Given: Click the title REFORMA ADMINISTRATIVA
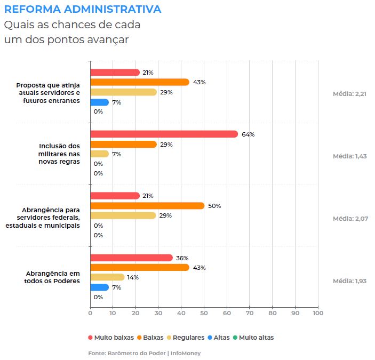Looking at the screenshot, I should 83,10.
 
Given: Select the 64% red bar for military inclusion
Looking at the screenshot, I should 164,134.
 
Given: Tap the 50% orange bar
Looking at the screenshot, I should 147,206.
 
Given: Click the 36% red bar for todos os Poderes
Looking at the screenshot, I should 131,258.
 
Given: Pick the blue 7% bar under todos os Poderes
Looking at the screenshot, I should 99,287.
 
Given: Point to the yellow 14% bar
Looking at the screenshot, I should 107,277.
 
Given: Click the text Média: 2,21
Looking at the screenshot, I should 349,94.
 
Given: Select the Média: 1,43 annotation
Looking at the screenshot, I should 349,156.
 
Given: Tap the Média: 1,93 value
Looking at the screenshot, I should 349,281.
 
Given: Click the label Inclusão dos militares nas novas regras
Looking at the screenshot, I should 59,154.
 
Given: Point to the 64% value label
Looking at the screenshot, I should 248,134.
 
